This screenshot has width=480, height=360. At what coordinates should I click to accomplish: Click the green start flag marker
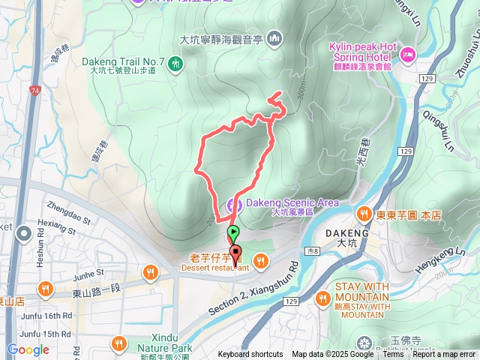click(x=234, y=232)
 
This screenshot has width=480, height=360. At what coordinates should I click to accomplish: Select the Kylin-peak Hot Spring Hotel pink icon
click(x=408, y=53)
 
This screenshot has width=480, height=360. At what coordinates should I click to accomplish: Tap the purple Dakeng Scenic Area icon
click(x=234, y=203)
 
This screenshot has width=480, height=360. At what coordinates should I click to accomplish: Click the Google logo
click(x=28, y=350)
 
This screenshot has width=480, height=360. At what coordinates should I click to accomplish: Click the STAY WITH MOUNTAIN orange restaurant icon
click(x=323, y=298)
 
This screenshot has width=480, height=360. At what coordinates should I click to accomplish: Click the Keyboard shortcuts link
click(x=250, y=355)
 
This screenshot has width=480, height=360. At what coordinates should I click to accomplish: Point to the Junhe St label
click(x=88, y=274)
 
